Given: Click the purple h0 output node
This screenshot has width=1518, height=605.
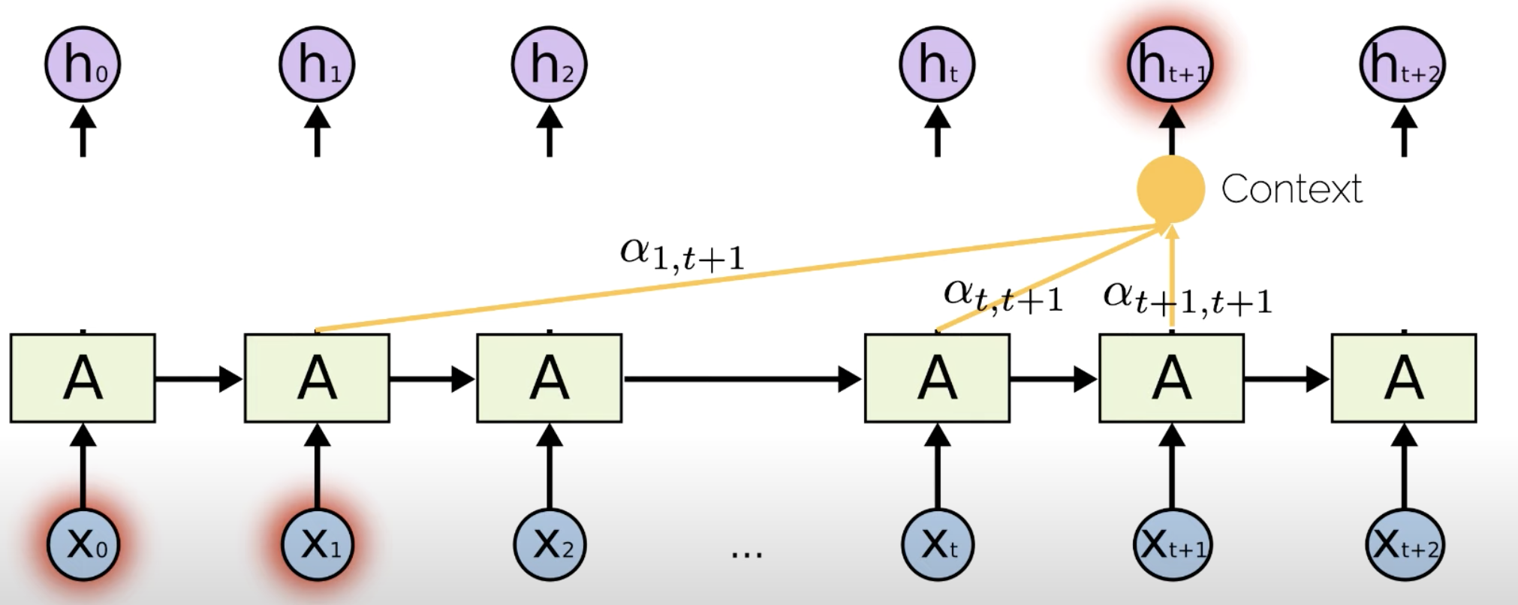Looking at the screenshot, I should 83,65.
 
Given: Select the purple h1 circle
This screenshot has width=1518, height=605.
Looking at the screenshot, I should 317,65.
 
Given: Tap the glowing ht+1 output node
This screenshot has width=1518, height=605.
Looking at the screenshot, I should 1170,65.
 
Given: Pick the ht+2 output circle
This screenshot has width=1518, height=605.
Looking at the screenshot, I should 1403,65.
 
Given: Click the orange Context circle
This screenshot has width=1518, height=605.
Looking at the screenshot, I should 1170,189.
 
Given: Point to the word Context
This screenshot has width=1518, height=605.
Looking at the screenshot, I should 1291,189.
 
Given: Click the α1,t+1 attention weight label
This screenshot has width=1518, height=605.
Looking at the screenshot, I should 682,254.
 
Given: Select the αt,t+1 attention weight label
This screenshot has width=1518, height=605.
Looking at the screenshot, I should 1003,296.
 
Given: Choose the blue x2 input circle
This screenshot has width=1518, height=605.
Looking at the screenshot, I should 550,545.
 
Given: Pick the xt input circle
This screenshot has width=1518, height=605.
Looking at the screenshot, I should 937,545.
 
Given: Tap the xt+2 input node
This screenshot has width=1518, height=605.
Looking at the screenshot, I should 1404,545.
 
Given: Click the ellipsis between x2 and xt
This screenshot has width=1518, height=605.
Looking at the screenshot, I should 746,554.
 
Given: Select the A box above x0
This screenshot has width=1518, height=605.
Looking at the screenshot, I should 83,378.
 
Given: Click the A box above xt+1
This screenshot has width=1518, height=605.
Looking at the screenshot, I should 1171,378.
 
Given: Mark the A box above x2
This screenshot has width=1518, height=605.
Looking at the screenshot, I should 550,378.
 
